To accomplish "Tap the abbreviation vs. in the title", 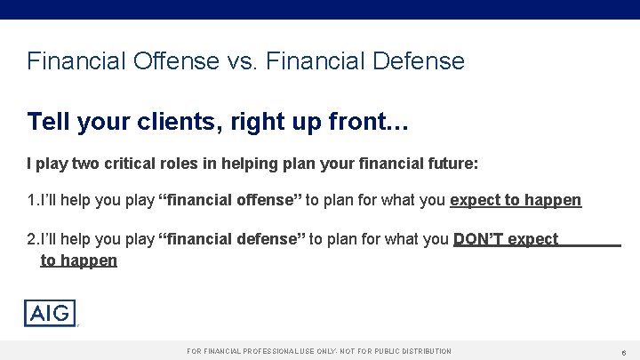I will pos(237,61).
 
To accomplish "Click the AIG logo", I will pos(50,313).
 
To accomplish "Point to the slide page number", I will pos(625,352).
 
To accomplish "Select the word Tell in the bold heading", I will pos(48,121).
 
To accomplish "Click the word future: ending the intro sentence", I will pos(454,164).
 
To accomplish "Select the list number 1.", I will pos(32,200).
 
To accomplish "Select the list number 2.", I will pos(32,239).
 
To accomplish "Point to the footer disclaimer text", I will pos(319,352).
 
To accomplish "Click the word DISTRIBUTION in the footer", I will pos(422,352).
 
